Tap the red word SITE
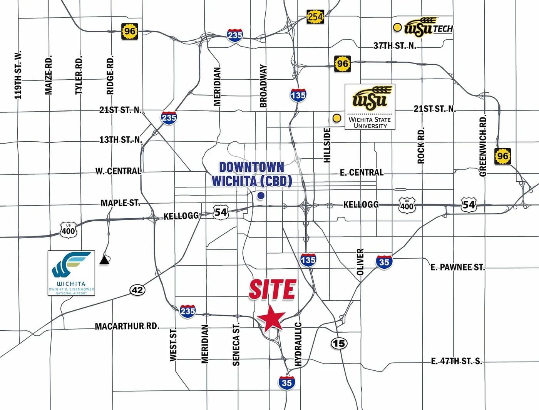pyautogui.click(x=272, y=290)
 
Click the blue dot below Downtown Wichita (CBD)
pyautogui.click(x=261, y=196)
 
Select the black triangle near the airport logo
pyautogui.click(x=104, y=261)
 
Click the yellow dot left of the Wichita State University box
pyautogui.click(x=337, y=118)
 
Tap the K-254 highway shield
pyautogui.click(x=315, y=17)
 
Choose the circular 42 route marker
pyautogui.click(x=137, y=290)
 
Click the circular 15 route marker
pyautogui.click(x=339, y=343)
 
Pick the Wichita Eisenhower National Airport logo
pyautogui.click(x=71, y=273)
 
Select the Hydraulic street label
pyautogui.click(x=298, y=344)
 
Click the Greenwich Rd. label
pyautogui.click(x=483, y=145)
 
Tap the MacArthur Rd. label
pyautogui.click(x=127, y=326)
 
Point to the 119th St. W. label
pyautogui.click(x=18, y=75)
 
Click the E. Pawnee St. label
pyautogui.click(x=457, y=267)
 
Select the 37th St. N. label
pyautogui.click(x=395, y=46)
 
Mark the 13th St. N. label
pyautogui.click(x=121, y=140)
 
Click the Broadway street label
pyautogui.click(x=263, y=86)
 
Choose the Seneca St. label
pyautogui.click(x=236, y=345)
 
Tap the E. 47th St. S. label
pyautogui.click(x=456, y=361)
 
